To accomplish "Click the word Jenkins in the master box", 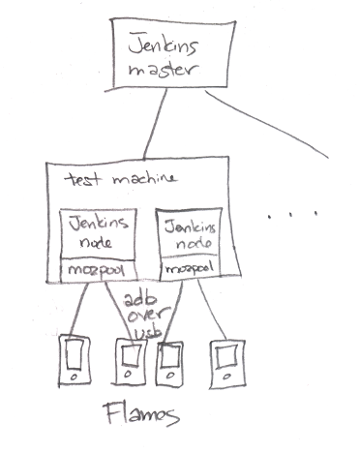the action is click(x=163, y=45).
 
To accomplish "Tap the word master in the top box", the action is click(x=164, y=70).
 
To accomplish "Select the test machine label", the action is click(x=121, y=178).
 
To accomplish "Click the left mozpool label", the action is click(x=96, y=271).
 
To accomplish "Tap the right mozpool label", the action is click(x=190, y=268).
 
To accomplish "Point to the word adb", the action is click(x=140, y=301).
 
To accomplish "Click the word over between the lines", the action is click(x=148, y=316).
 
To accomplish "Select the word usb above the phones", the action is click(x=148, y=332).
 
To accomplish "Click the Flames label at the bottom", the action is click(x=141, y=414).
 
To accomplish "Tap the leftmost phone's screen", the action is click(x=75, y=354).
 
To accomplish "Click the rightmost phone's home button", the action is click(x=228, y=377).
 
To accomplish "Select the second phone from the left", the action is click(x=129, y=362).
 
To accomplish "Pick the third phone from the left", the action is click(x=169, y=363).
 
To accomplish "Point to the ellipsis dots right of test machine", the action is click(x=292, y=214).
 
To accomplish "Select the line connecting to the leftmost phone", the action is click(x=78, y=311).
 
